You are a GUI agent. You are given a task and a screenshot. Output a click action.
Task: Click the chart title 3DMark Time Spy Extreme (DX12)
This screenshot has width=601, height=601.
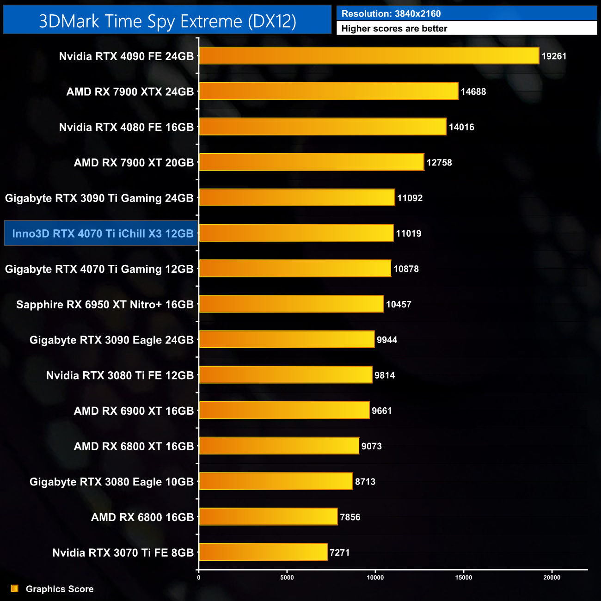pyautogui.click(x=167, y=21)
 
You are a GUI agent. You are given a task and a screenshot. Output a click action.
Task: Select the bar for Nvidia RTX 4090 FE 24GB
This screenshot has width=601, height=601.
pyautogui.click(x=369, y=56)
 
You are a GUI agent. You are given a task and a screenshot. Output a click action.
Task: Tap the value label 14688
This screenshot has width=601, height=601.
pyautogui.click(x=473, y=92)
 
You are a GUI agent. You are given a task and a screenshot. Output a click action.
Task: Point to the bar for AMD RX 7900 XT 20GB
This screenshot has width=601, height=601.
pyautogui.click(x=311, y=162)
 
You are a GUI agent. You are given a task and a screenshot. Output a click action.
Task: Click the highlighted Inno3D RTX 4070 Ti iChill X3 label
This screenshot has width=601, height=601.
pyautogui.click(x=102, y=233)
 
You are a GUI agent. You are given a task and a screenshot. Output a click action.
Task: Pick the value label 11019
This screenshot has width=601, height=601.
pyautogui.click(x=408, y=233)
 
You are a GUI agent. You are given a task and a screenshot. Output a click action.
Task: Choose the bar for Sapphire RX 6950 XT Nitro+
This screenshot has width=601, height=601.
pyautogui.click(x=291, y=304)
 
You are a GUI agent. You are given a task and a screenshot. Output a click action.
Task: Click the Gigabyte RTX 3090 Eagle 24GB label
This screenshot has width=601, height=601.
pyautogui.click(x=111, y=340)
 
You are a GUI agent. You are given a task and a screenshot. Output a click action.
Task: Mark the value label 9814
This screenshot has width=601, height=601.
pyautogui.click(x=385, y=375)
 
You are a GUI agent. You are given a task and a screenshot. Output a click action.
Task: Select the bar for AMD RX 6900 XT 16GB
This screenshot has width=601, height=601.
pyautogui.click(x=284, y=411)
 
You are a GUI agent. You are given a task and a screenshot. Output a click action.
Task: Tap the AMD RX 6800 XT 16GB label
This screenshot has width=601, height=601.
pyautogui.click(x=134, y=447)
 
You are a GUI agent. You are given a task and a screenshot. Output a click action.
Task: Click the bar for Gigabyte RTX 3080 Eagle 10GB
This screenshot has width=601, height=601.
pyautogui.click(x=276, y=481)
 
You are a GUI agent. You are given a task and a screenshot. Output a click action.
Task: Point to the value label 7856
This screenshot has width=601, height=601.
pyautogui.click(x=350, y=517)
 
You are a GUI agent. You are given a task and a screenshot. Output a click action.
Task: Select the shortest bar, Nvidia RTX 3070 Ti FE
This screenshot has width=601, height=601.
pyautogui.click(x=263, y=552)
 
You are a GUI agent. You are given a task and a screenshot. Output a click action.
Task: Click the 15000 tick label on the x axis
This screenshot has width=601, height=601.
pyautogui.click(x=464, y=577)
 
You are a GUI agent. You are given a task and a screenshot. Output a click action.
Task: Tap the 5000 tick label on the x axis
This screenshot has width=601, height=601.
pyautogui.click(x=287, y=577)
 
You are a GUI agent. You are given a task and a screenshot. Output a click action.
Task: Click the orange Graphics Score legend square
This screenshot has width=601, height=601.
pyautogui.click(x=15, y=589)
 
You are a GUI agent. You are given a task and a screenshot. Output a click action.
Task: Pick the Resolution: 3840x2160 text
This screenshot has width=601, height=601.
pyautogui.click(x=391, y=14)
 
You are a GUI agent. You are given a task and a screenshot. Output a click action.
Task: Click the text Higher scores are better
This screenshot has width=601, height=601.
pyautogui.click(x=394, y=29)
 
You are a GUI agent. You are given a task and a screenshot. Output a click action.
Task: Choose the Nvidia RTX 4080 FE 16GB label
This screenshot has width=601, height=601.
pyautogui.click(x=126, y=127)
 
